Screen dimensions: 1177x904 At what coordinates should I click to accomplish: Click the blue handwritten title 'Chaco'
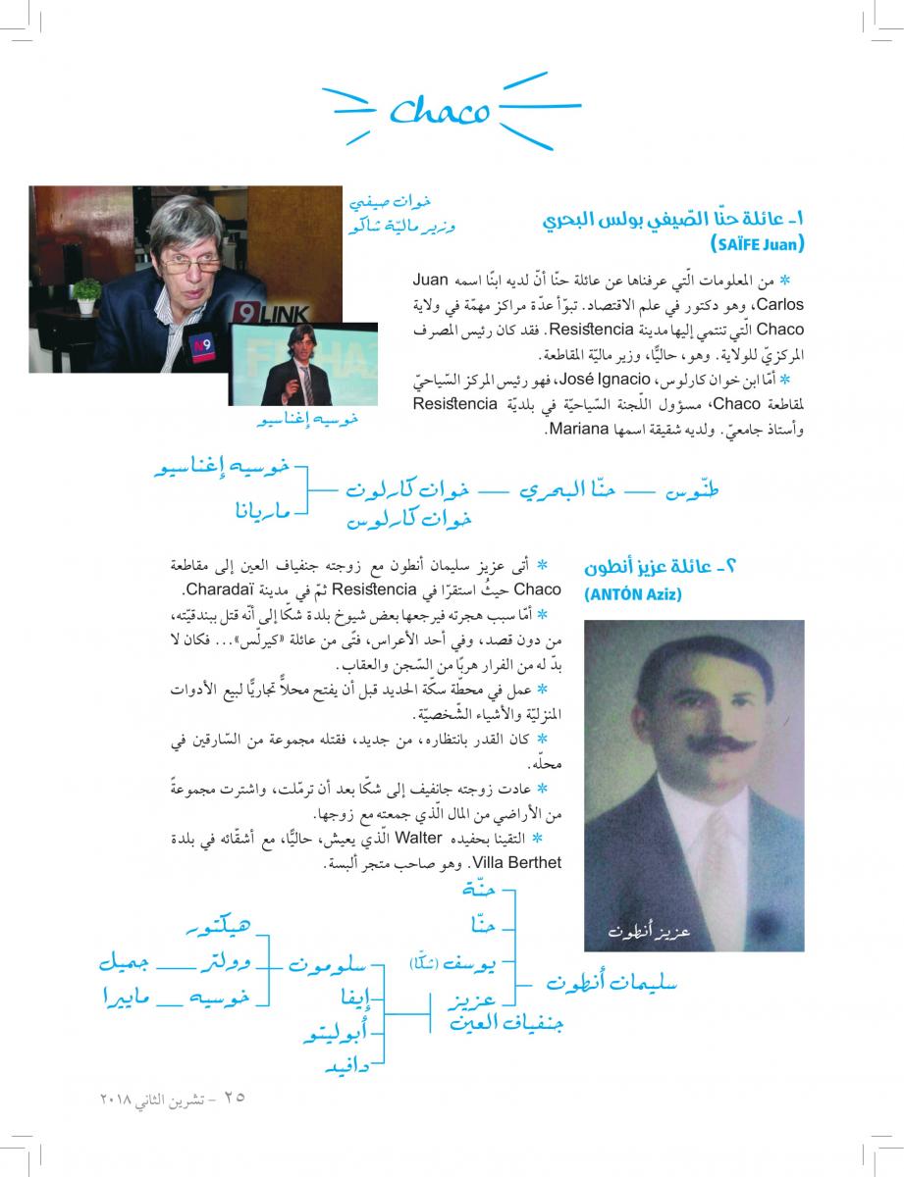[x=439, y=111]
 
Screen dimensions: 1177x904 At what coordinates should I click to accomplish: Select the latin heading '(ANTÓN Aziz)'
[x=632, y=594]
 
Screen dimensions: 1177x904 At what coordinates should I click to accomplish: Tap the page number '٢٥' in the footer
[x=234, y=1096]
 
